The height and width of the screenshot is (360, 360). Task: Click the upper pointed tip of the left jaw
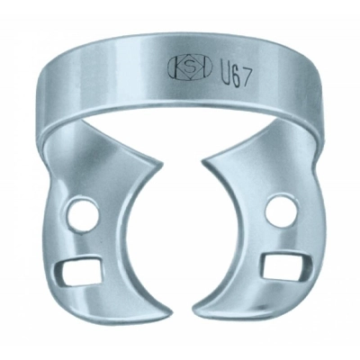[163, 164]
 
